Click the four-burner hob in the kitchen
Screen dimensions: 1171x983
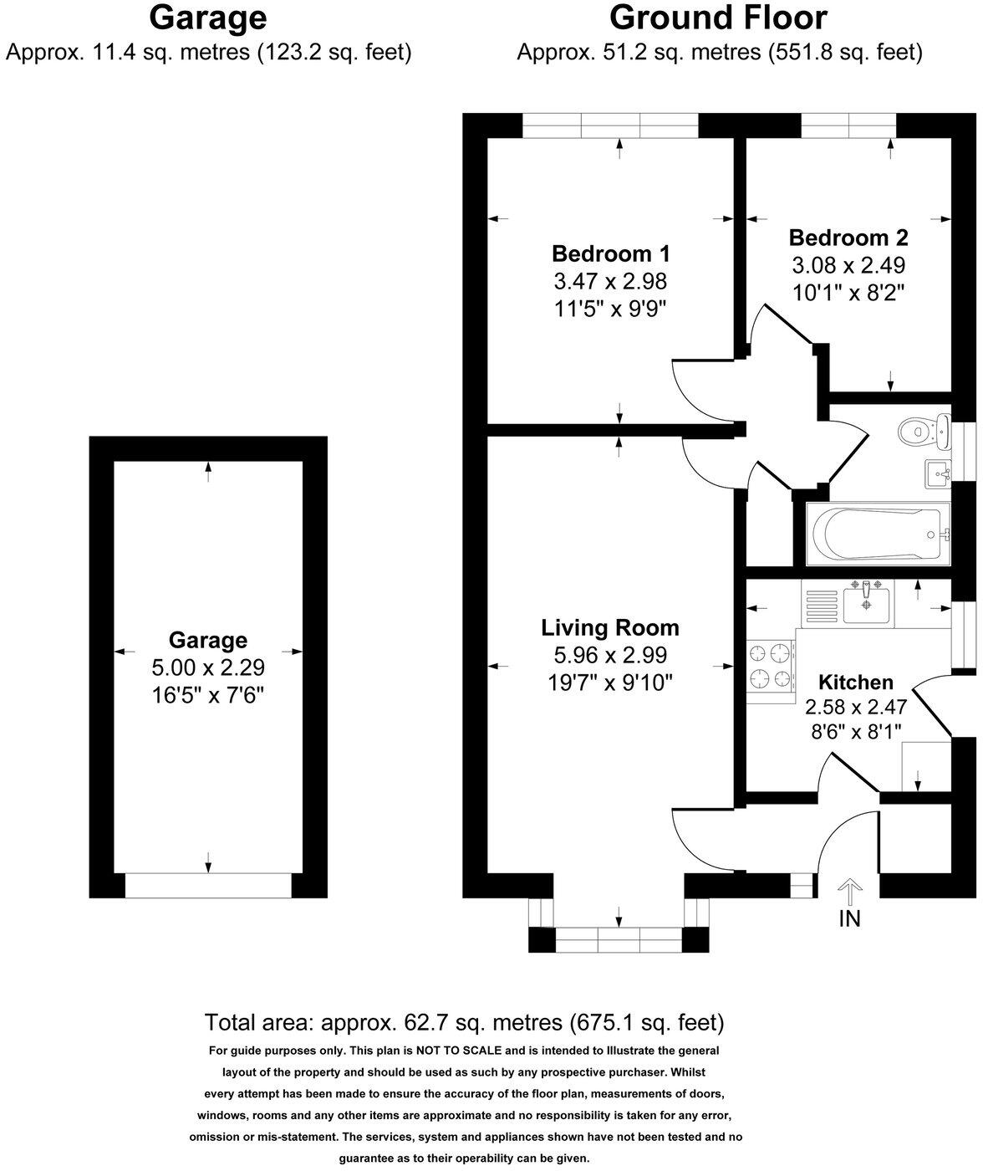[x=769, y=665]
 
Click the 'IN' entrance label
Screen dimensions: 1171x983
[x=849, y=918]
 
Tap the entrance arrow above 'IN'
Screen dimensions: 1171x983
[x=849, y=892]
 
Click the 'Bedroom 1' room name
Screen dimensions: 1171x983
[x=610, y=253]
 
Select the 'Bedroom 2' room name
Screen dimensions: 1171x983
[x=848, y=238]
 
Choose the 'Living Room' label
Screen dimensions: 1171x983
[x=610, y=627]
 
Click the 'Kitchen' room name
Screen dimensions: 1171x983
[x=855, y=682]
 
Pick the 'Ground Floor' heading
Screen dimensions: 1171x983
[x=718, y=18]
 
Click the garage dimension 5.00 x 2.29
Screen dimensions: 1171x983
[x=208, y=667]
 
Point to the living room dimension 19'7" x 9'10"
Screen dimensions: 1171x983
[x=610, y=683]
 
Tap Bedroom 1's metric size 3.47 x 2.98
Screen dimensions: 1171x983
[x=610, y=281]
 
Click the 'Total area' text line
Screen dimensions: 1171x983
[x=464, y=1022]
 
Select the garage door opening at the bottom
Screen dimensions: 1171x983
[x=208, y=886]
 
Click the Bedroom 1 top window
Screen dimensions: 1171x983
[x=610, y=125]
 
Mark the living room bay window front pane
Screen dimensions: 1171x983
[x=619, y=940]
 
